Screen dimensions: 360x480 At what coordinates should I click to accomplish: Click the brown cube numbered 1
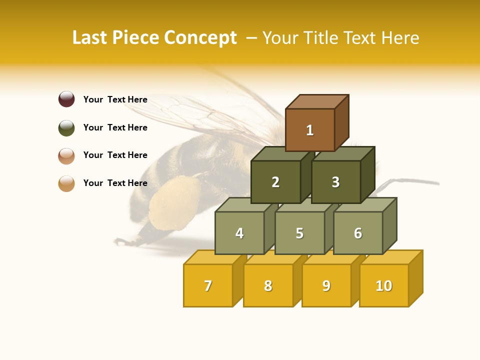pos(310,130)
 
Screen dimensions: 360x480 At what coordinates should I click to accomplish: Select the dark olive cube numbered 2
pos(275,182)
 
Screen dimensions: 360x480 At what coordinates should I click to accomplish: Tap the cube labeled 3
pos(335,182)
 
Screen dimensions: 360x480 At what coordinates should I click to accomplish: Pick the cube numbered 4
pos(239,233)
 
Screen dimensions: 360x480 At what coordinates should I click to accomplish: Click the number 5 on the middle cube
pos(299,233)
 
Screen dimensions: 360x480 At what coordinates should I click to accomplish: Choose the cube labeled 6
pos(358,233)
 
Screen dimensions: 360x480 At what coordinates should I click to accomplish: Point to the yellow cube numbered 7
pos(208,285)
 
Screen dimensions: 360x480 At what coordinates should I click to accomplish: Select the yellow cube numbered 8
pos(268,285)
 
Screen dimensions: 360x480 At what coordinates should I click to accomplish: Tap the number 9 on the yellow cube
pos(326,285)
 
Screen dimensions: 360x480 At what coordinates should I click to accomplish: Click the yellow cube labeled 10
pos(384,285)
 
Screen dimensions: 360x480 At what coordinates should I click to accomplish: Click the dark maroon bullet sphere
pos(66,99)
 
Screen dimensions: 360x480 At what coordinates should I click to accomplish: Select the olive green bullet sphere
pos(66,127)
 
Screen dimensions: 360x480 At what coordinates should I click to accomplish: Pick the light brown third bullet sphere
pos(66,155)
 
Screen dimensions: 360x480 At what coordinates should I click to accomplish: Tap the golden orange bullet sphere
pos(66,183)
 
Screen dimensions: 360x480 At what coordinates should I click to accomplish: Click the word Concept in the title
pos(200,38)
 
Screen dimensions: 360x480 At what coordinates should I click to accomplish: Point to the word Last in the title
pos(91,38)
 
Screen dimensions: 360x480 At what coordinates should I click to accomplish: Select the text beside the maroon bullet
pos(115,99)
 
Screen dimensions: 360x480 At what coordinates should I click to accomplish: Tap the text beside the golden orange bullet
pos(115,183)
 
